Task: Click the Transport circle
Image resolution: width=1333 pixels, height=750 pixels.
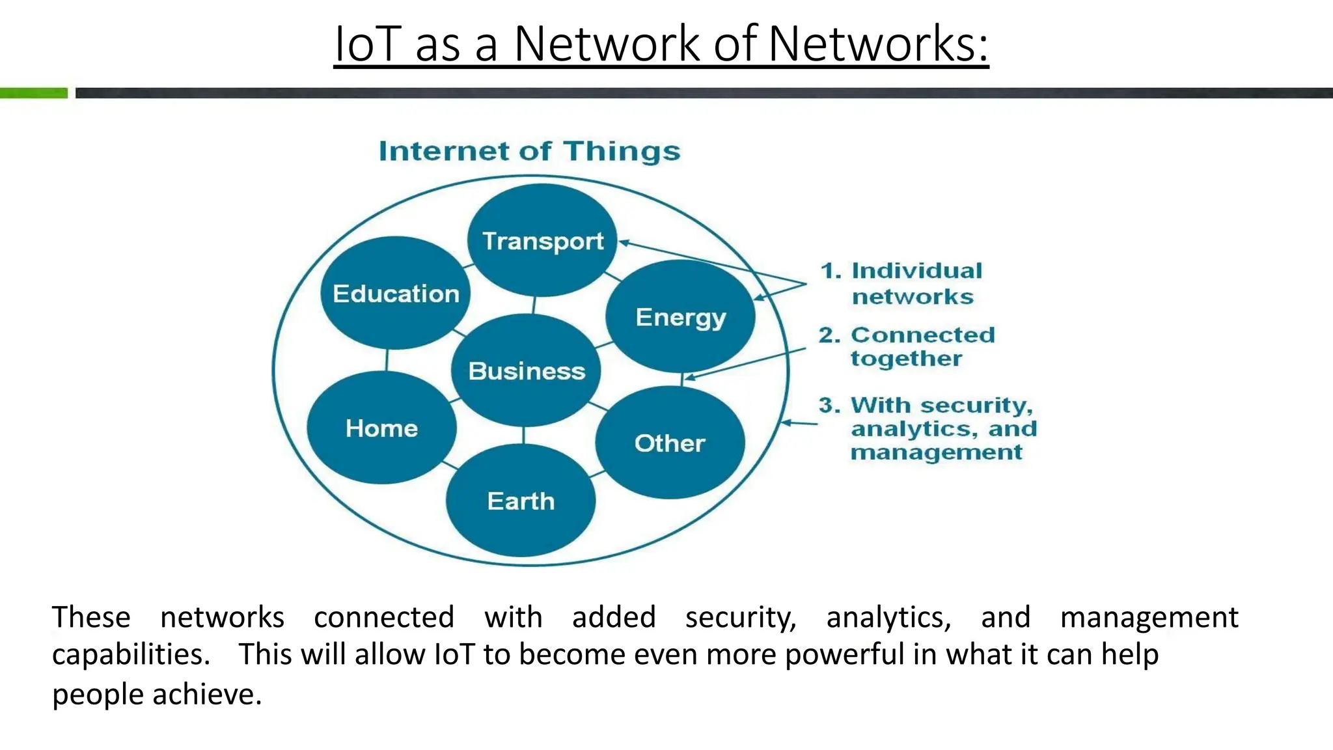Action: click(542, 240)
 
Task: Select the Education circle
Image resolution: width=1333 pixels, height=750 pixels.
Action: click(396, 293)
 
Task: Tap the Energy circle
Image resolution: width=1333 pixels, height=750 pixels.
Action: click(680, 316)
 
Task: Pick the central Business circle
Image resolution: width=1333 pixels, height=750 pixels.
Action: click(526, 370)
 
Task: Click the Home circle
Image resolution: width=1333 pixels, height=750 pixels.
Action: click(381, 428)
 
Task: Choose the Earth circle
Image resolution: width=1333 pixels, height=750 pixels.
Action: click(521, 501)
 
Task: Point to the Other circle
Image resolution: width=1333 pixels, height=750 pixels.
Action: click(670, 443)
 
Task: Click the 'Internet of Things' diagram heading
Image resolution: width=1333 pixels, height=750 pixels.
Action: click(529, 151)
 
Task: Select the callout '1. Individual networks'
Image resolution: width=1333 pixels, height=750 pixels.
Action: click(902, 283)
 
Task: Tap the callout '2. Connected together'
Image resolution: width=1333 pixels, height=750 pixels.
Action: click(907, 346)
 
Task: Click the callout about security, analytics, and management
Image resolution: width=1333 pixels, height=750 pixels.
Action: click(928, 428)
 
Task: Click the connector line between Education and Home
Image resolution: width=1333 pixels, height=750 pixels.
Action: click(387, 360)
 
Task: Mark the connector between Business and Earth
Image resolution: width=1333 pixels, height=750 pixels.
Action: click(524, 435)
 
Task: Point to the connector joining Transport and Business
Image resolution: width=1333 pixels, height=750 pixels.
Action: click(534, 305)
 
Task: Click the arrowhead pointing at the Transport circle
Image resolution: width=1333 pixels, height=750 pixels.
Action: click(623, 243)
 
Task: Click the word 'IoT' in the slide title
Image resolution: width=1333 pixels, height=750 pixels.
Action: click(366, 44)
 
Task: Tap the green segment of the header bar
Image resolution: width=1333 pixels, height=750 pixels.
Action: click(34, 93)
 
